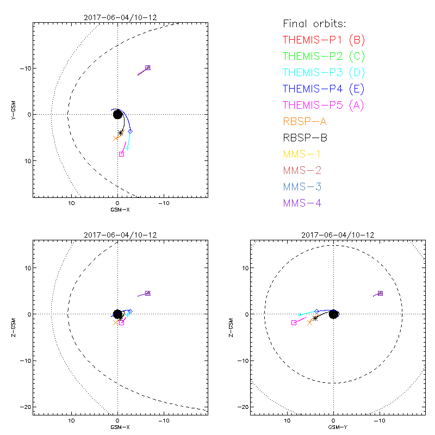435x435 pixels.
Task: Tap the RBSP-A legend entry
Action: pyautogui.click(x=304, y=121)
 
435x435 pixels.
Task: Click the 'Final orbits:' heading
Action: pyautogui.click(x=315, y=24)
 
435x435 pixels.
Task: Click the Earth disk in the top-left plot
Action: pyautogui.click(x=117, y=114)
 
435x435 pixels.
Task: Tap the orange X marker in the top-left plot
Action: pyautogui.click(x=116, y=138)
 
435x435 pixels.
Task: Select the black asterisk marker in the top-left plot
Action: pyautogui.click(x=120, y=133)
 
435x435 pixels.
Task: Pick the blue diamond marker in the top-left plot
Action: pyautogui.click(x=130, y=131)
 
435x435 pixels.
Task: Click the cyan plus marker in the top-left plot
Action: pyautogui.click(x=127, y=148)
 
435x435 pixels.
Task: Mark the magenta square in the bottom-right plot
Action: pyautogui.click(x=294, y=323)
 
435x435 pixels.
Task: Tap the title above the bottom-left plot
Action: pyautogui.click(x=120, y=235)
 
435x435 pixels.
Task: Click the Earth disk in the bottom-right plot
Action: pyautogui.click(x=333, y=314)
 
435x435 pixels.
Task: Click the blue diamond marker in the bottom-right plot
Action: pyautogui.click(x=317, y=311)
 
